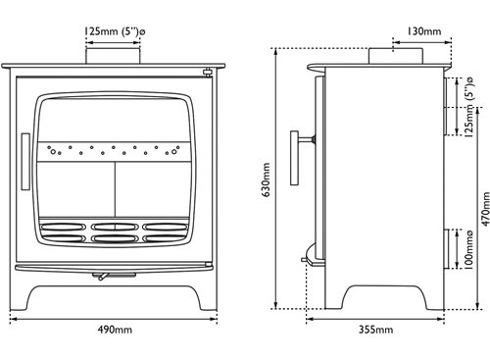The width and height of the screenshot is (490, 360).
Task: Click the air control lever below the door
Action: click(101, 278)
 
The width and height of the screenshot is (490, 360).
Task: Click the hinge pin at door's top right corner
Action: click(207, 72)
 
